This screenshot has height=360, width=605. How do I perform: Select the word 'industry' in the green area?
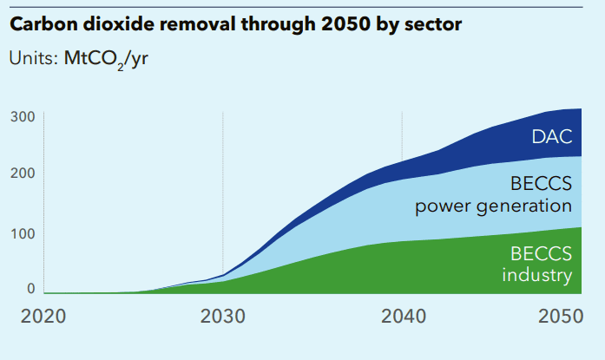pyautogui.click(x=538, y=276)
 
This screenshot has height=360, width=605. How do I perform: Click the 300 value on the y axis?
pyautogui.click(x=23, y=116)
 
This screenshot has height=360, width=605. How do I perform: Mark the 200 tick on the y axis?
pyautogui.click(x=23, y=173)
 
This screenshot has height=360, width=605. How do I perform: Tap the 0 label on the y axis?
pyautogui.click(x=30, y=289)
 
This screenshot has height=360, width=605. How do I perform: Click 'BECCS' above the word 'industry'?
pyautogui.click(x=542, y=255)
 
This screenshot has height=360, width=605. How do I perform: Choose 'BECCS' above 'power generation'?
pyautogui.click(x=542, y=184)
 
